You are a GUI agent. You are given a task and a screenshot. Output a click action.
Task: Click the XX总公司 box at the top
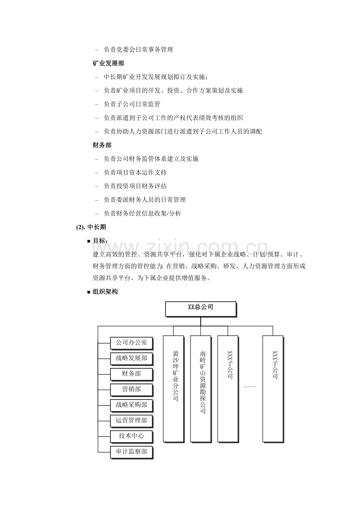(201, 308)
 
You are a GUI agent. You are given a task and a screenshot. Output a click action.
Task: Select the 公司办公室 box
(131, 343)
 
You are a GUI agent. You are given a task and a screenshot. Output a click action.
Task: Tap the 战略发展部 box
(131, 358)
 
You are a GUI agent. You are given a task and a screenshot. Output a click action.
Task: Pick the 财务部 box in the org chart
(131, 374)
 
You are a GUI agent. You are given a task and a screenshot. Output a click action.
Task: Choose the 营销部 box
(131, 389)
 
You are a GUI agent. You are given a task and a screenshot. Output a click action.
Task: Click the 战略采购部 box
(131, 405)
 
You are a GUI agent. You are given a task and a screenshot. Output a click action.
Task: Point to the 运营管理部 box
(131, 421)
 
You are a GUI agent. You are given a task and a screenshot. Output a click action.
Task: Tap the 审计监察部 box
(131, 452)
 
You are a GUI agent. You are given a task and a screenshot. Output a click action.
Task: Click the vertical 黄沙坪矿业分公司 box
(173, 389)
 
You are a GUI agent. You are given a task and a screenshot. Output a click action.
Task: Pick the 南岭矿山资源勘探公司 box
(200, 389)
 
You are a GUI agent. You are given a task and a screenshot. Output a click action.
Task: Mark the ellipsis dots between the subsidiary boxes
(250, 387)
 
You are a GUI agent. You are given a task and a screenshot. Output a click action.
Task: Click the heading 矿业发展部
(108, 63)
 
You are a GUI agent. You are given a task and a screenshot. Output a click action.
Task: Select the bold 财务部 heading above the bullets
(102, 145)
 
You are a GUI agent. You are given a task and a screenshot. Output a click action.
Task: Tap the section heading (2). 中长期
(91, 227)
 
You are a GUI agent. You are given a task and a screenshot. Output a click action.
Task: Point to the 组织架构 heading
(105, 292)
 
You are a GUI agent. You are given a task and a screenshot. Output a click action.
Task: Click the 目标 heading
(101, 241)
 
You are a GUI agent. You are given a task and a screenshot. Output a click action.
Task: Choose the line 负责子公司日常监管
(132, 104)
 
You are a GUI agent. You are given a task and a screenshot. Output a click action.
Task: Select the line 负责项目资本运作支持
(135, 172)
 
